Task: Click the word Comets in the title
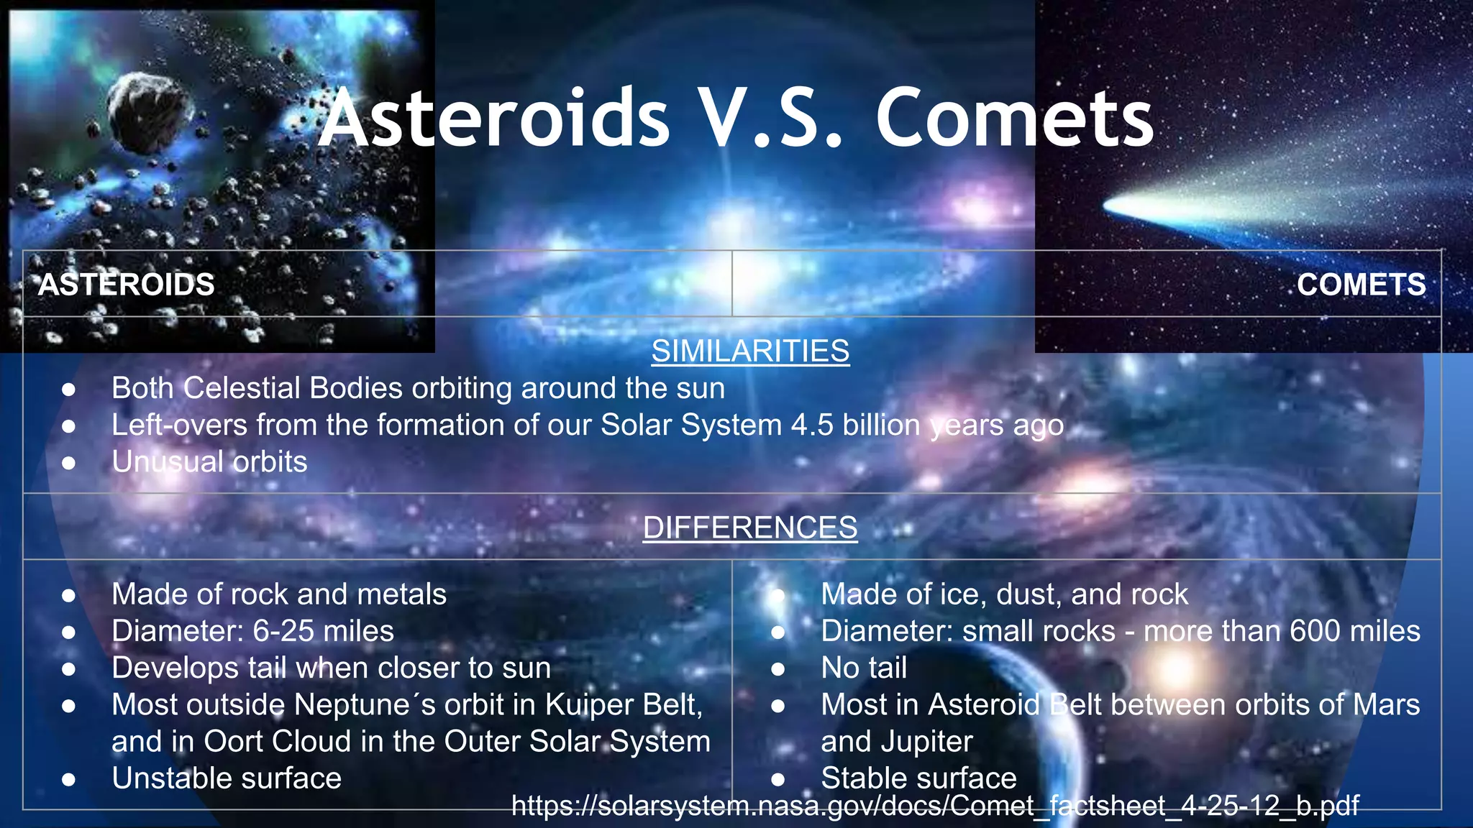tap(1014, 119)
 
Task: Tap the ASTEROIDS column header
tap(126, 285)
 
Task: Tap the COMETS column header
tap(1361, 285)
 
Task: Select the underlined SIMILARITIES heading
tap(750, 351)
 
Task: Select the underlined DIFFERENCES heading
tap(750, 528)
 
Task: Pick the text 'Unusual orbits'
tap(209, 461)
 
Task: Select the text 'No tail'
tap(864, 668)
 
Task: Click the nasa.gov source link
tap(935, 806)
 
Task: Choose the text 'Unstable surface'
tap(227, 778)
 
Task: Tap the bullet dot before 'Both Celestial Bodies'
tap(69, 389)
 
